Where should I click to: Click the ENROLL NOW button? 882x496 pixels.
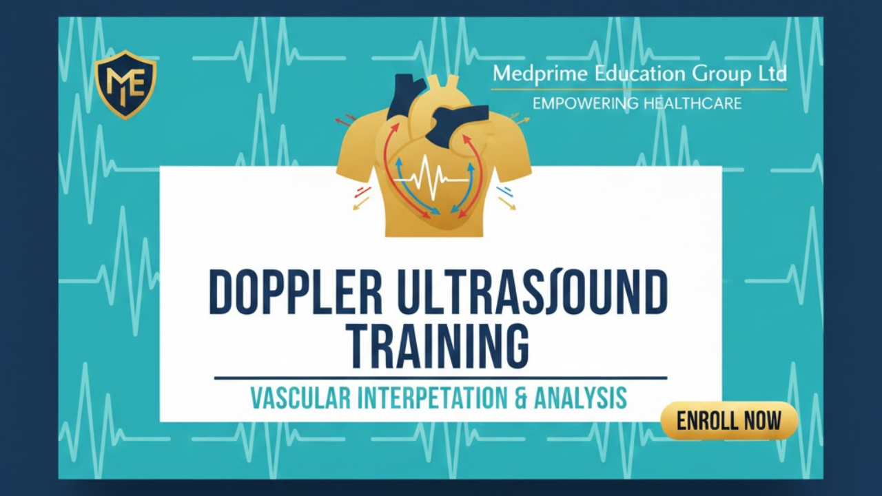point(729,420)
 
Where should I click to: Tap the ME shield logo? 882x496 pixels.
point(125,84)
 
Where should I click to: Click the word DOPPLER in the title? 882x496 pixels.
point(296,293)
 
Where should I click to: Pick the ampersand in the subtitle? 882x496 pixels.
point(513,398)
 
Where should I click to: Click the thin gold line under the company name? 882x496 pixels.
point(639,90)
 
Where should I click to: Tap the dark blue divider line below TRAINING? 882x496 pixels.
point(440,378)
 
